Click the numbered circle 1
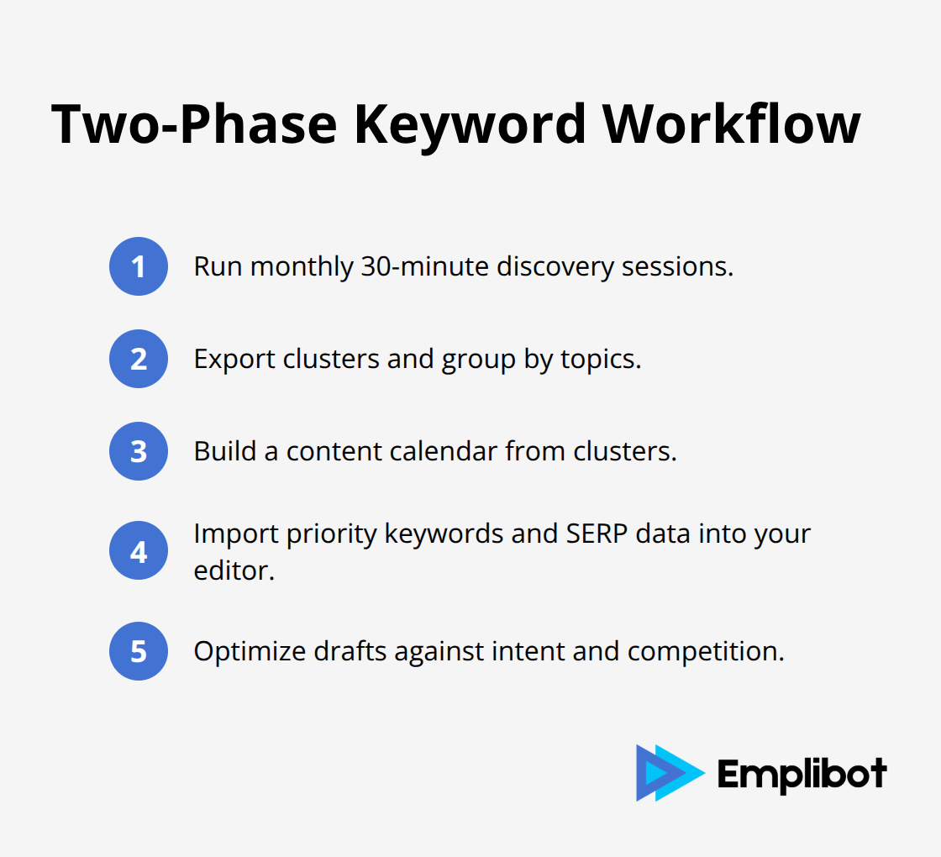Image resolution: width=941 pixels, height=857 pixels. (x=139, y=266)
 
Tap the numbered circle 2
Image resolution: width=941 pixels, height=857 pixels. (x=139, y=359)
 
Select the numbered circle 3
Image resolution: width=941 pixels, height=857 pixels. (x=139, y=451)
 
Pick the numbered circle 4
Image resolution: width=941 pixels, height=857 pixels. (x=139, y=552)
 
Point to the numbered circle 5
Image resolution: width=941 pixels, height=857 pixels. (x=139, y=651)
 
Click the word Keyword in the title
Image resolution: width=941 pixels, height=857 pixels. (x=470, y=124)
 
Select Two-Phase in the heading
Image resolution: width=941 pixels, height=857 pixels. (x=193, y=124)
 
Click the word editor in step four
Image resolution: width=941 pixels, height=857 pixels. (x=232, y=570)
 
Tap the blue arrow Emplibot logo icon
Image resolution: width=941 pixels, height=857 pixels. (x=669, y=771)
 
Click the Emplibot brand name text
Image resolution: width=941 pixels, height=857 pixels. (x=802, y=772)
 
